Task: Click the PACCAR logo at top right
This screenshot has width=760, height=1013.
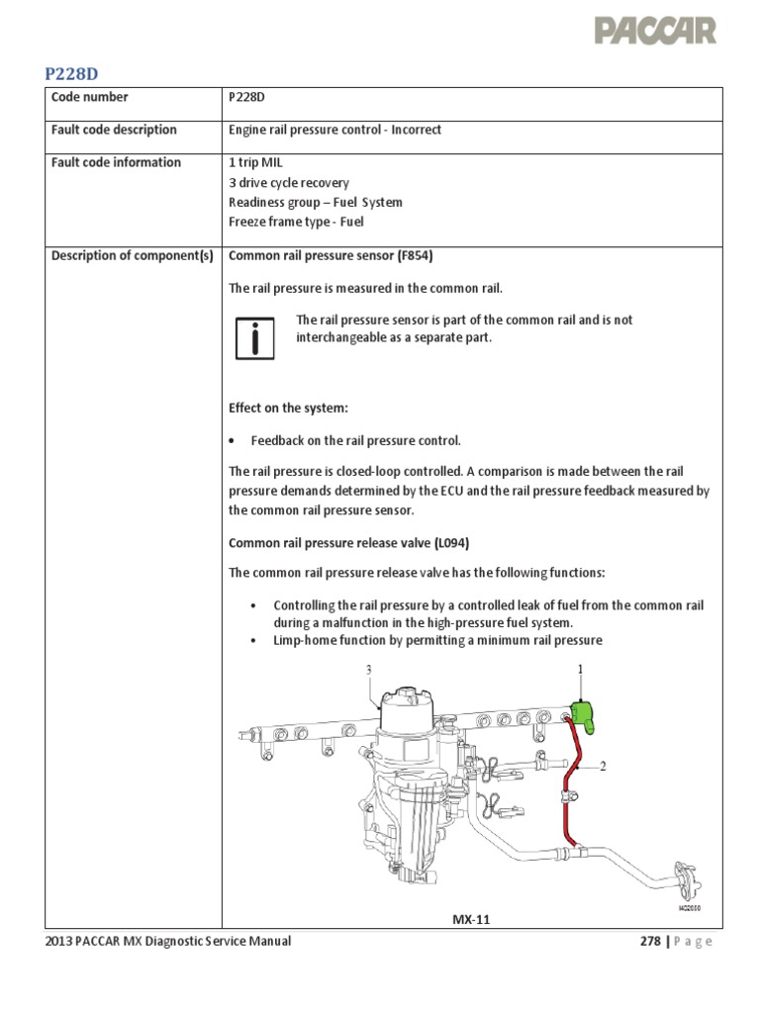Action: pyautogui.click(x=655, y=31)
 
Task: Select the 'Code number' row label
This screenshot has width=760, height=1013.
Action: pyautogui.click(x=89, y=97)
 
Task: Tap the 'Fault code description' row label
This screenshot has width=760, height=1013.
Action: pyautogui.click(x=114, y=130)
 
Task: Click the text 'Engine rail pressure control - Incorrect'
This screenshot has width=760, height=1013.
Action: pyautogui.click(x=334, y=130)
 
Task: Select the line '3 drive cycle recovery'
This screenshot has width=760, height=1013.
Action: pyautogui.click(x=289, y=183)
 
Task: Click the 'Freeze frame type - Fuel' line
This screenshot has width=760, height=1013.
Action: pyautogui.click(x=296, y=223)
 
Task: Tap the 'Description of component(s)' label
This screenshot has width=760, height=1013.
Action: pyautogui.click(x=132, y=255)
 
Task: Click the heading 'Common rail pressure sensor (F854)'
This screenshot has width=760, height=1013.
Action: pyautogui.click(x=331, y=255)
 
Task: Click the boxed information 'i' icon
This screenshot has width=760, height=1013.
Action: pyautogui.click(x=255, y=338)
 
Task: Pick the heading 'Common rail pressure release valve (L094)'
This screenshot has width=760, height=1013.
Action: pyautogui.click(x=348, y=543)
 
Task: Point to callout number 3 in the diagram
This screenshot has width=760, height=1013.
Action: pyautogui.click(x=368, y=670)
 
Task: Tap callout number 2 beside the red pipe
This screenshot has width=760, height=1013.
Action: pyautogui.click(x=602, y=766)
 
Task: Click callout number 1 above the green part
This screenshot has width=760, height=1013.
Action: pyautogui.click(x=581, y=670)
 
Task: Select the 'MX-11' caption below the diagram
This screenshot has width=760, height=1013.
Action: pyautogui.click(x=471, y=919)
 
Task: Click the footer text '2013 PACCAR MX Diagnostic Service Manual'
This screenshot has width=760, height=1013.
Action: pyautogui.click(x=168, y=941)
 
